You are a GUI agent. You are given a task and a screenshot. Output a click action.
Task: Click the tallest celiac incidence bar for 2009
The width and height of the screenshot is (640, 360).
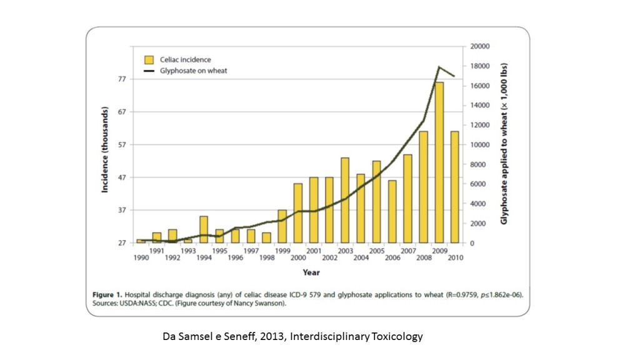point(439,162)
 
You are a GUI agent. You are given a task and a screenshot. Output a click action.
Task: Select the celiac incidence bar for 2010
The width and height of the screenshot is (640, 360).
point(454,187)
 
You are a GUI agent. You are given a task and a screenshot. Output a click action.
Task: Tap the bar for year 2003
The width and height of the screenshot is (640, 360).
point(344,200)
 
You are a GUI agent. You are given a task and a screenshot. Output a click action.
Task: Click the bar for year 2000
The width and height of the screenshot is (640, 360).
point(297,213)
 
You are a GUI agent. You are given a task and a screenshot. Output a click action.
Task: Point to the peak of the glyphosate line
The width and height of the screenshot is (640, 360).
point(439,67)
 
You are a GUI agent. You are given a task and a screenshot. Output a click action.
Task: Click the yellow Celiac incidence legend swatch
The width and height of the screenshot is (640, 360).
point(149,59)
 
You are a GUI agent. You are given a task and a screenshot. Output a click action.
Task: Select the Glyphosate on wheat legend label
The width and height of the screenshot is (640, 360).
point(193,71)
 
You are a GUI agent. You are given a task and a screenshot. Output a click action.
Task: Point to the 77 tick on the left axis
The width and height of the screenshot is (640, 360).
point(122,79)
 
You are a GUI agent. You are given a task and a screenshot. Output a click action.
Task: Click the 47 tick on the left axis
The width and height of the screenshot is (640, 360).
point(122,177)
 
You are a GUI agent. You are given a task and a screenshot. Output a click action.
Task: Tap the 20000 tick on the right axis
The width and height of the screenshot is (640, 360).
point(479,46)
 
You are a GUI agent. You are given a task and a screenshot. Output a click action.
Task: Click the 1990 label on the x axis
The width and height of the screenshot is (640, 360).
point(141,257)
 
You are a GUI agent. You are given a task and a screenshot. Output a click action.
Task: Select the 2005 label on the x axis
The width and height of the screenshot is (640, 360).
point(376,251)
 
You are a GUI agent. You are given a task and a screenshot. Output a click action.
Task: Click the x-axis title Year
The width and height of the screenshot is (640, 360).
point(311,272)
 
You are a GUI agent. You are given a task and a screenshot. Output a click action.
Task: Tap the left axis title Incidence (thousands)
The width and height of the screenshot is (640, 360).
point(106,150)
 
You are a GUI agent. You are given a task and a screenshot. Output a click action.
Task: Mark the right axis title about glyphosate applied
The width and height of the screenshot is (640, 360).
point(504,144)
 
